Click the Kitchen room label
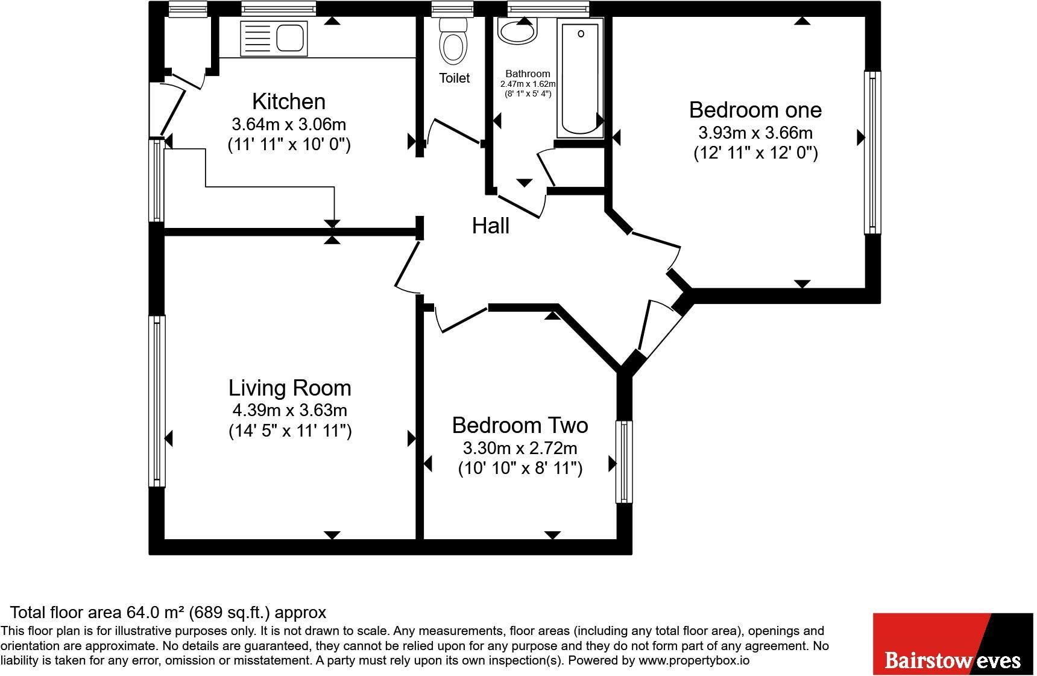(289, 101)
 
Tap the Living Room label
(290, 388)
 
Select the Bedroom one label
(755, 110)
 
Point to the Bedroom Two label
(520, 425)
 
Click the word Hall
(491, 226)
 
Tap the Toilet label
(455, 78)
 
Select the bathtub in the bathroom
(581, 78)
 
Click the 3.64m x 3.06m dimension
(289, 124)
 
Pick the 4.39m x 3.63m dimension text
(290, 411)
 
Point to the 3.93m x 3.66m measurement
(755, 133)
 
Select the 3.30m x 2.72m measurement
(520, 448)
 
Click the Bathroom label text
(528, 74)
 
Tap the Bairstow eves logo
(953, 644)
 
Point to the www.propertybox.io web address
(694, 660)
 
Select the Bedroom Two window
(624, 462)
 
